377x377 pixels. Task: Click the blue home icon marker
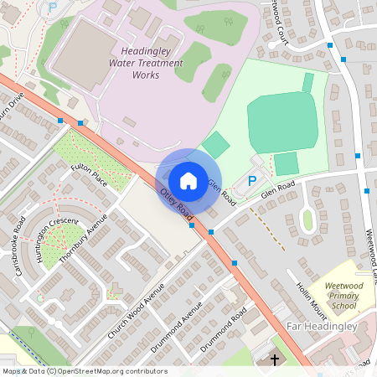tap(188, 180)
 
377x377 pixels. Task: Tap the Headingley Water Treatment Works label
tap(146, 63)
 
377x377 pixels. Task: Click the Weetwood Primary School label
tap(344, 297)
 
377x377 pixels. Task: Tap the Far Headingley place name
tap(322, 326)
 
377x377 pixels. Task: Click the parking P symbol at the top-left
tap(52, 6)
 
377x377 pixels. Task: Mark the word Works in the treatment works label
tap(146, 75)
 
